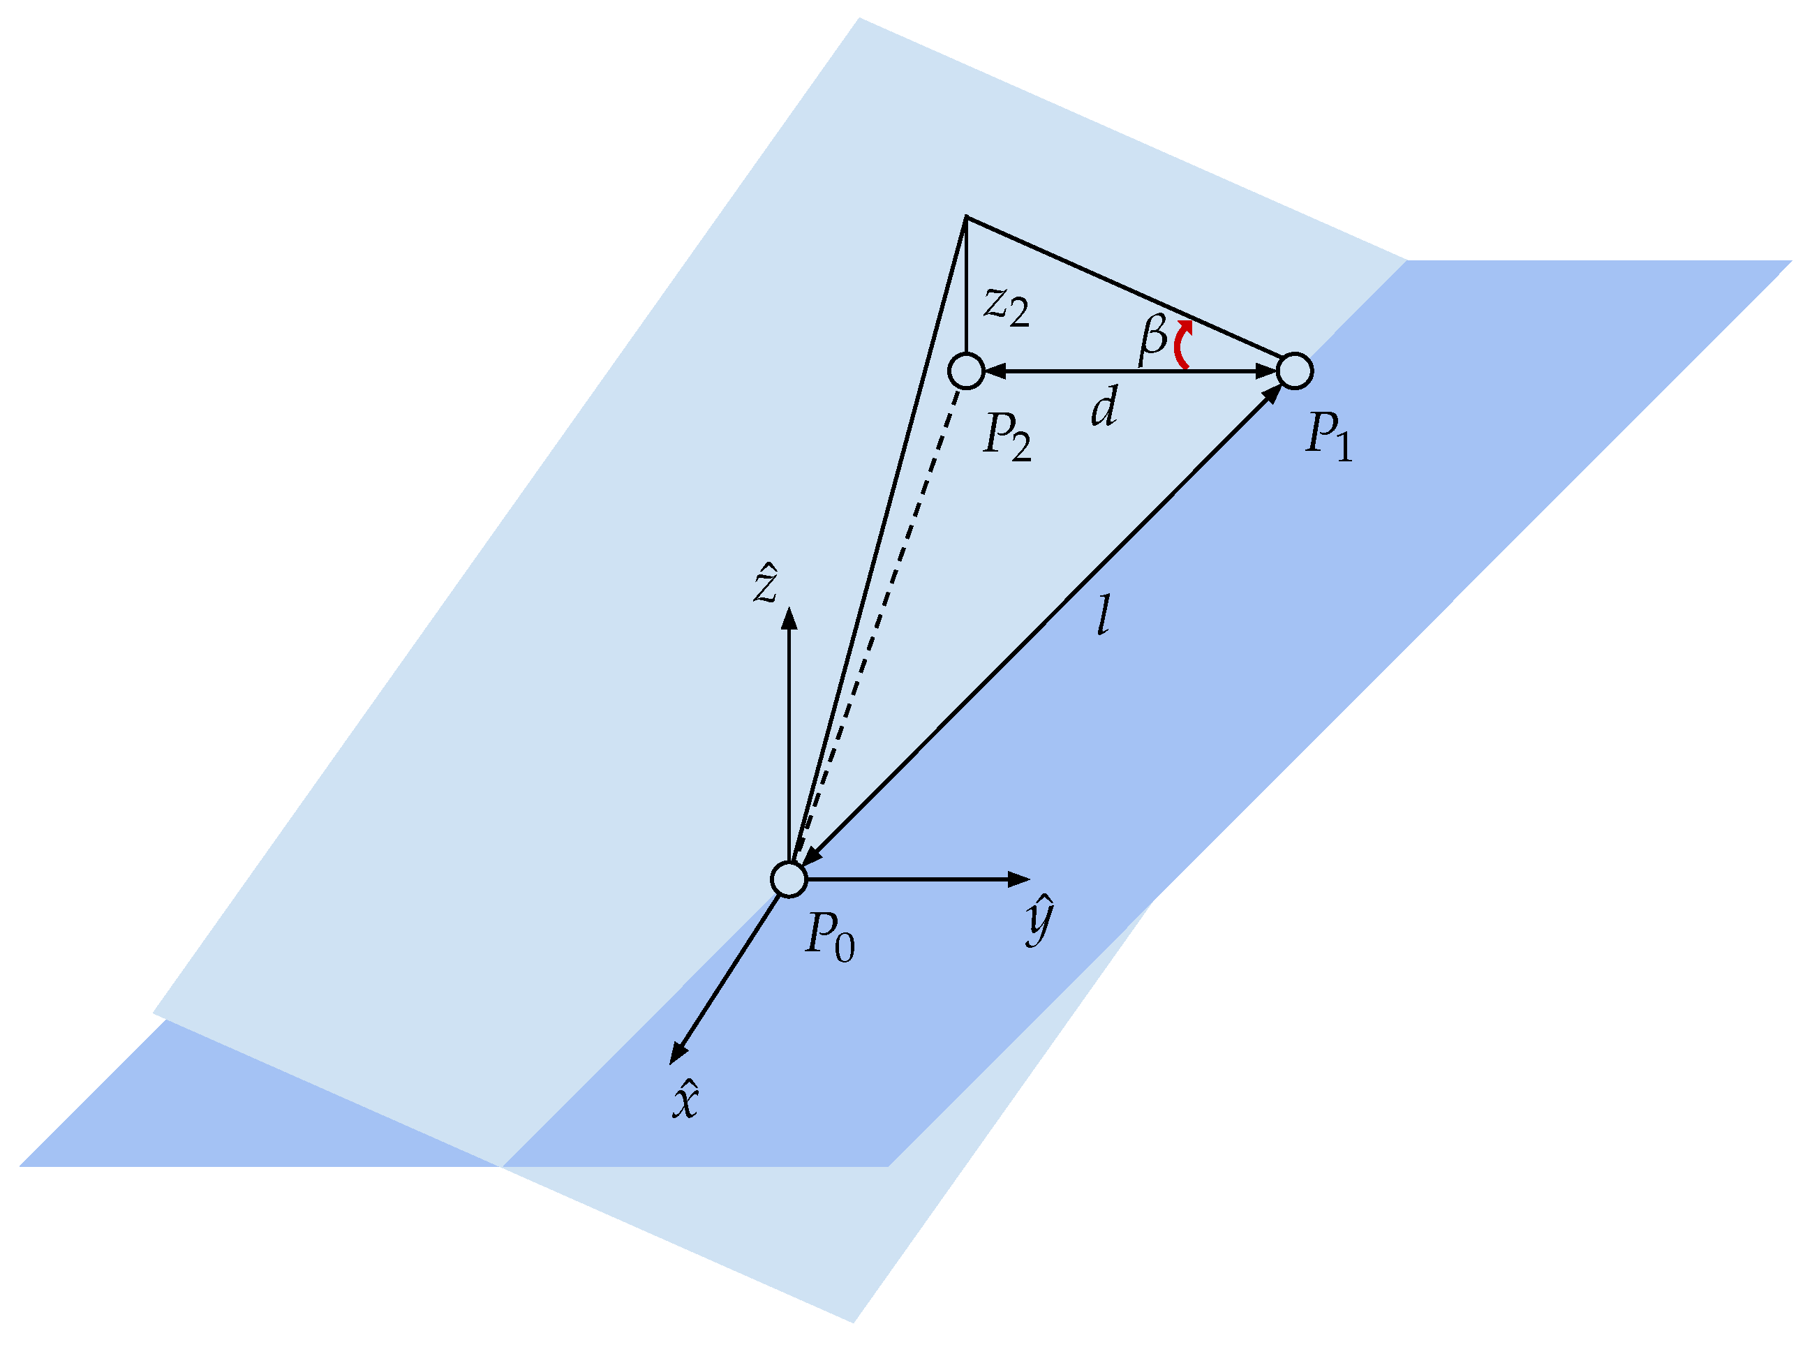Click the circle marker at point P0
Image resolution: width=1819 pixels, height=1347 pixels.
(789, 879)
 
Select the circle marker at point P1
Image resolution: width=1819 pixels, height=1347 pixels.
(1294, 371)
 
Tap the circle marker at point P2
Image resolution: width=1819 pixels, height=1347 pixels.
(966, 371)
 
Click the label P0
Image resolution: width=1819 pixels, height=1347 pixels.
(830, 935)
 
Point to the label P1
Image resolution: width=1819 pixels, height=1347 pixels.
(1328, 436)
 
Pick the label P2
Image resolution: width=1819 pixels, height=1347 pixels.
(1007, 436)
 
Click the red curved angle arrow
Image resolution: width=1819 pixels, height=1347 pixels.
(1182, 345)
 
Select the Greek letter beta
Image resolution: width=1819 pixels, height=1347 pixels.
(1153, 338)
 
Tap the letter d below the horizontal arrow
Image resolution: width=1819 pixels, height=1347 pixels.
(1104, 406)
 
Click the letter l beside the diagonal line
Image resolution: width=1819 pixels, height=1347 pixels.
(1103, 615)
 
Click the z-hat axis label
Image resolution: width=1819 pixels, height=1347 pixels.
(766, 582)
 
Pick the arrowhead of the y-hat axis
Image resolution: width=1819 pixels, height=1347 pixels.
(1019, 879)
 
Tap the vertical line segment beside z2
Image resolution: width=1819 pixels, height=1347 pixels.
(966, 285)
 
